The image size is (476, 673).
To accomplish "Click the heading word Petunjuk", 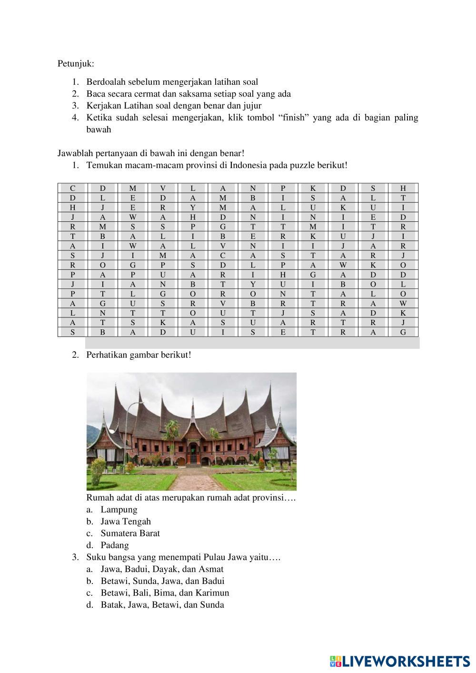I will click(x=75, y=63).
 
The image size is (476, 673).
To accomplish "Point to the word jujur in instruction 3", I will click(x=251, y=106).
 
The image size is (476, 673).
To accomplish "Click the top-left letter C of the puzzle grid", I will click(x=72, y=188).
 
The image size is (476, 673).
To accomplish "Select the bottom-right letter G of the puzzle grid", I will click(x=403, y=332).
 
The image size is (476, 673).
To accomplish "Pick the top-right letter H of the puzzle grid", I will click(x=403, y=188).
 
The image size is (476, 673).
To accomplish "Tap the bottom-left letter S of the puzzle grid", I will click(x=72, y=332).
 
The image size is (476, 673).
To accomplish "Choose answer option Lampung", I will click(x=119, y=510).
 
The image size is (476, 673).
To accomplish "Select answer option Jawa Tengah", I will click(x=126, y=522).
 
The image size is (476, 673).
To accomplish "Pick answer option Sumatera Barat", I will click(x=130, y=534).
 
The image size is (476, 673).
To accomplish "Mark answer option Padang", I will click(x=115, y=545).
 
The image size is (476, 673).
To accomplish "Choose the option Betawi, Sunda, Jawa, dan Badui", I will click(x=162, y=581).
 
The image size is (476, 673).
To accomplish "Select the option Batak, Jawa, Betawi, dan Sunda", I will click(x=162, y=605).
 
